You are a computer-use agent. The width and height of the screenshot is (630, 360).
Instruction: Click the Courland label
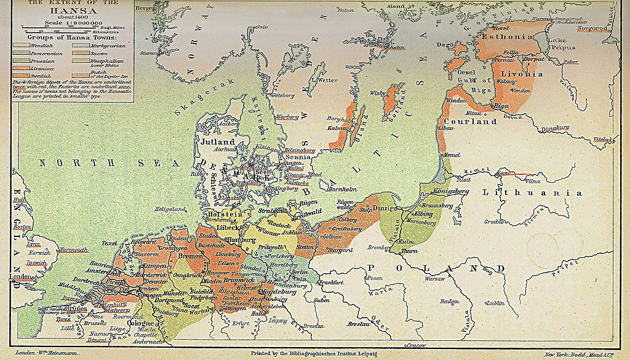coord(475,122)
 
